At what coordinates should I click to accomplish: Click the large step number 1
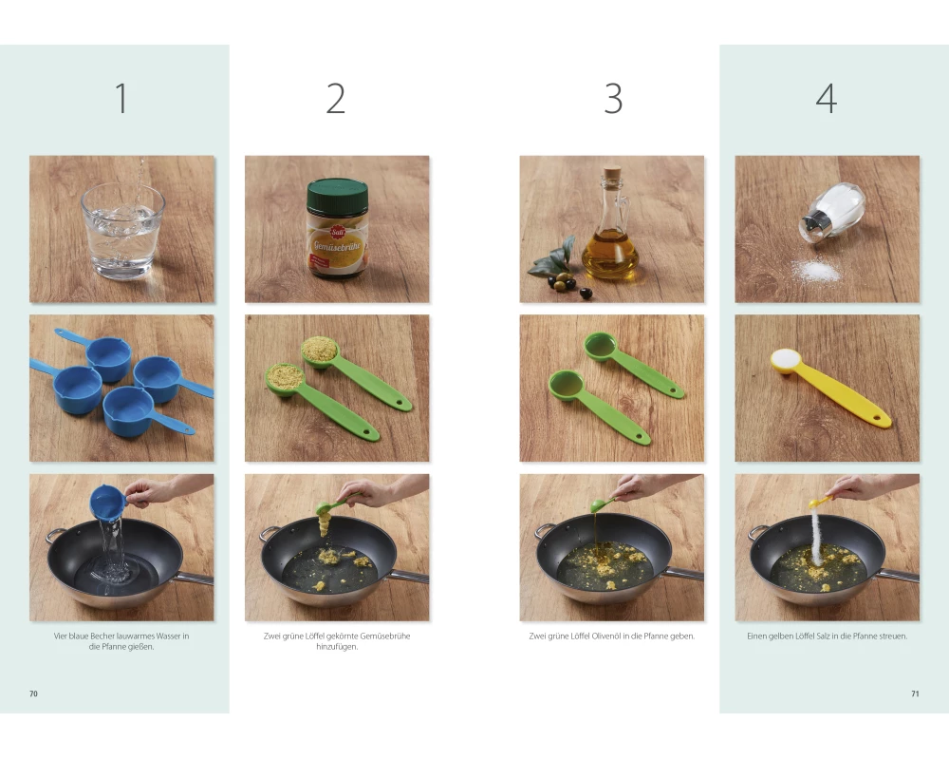[x=121, y=98]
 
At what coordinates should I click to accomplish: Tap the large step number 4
[x=827, y=98]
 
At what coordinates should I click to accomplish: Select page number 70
[x=33, y=693]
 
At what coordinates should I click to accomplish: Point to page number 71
[x=915, y=693]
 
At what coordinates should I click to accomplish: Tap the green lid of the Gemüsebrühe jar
[x=337, y=195]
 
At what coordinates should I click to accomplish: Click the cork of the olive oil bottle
[x=612, y=174]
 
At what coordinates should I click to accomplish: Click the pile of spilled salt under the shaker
[x=817, y=271]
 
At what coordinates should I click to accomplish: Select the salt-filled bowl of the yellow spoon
[x=786, y=360]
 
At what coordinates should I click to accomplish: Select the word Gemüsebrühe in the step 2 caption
[x=385, y=636]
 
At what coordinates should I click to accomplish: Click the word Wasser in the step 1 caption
[x=169, y=636]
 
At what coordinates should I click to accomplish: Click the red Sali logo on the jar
[x=337, y=232]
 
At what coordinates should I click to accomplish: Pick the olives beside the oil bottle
[x=568, y=284]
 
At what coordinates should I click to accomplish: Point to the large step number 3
[x=613, y=98]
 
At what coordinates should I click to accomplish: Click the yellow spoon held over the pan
[x=820, y=502]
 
